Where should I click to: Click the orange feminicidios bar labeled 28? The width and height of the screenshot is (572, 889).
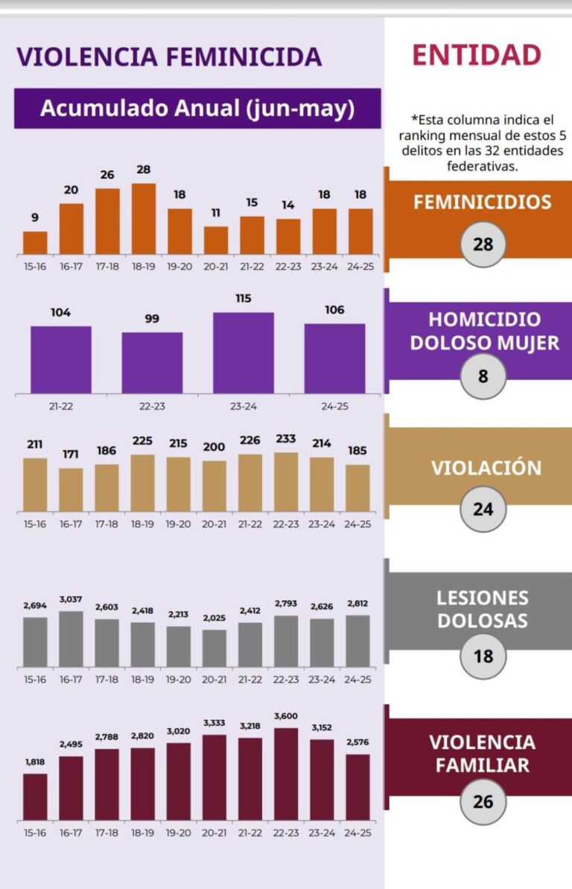tap(144, 219)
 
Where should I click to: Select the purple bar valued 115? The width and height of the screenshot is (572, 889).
tap(243, 352)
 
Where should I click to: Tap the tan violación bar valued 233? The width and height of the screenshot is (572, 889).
tap(286, 481)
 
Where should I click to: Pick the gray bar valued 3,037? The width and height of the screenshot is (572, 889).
tap(71, 639)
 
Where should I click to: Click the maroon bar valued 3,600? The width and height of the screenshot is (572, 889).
tap(286, 773)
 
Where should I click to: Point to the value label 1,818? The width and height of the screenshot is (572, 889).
tap(35, 762)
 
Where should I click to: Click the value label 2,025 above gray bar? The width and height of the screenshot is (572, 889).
tap(214, 617)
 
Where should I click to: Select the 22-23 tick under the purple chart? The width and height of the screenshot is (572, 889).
tap(152, 407)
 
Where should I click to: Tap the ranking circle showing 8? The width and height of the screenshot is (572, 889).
tap(483, 376)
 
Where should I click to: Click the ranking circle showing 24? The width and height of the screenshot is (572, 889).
tap(483, 510)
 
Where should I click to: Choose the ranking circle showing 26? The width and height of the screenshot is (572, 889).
tap(483, 802)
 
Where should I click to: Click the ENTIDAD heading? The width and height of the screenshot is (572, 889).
tap(477, 56)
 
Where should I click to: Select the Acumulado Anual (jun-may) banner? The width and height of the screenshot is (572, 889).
tap(197, 109)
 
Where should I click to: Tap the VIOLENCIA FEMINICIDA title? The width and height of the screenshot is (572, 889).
tap(169, 57)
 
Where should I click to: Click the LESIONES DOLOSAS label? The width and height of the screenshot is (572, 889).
tap(482, 609)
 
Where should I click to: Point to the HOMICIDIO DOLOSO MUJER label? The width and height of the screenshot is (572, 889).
tap(484, 331)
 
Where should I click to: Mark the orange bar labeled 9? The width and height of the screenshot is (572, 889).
tap(35, 243)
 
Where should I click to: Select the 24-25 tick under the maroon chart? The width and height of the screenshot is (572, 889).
tap(358, 832)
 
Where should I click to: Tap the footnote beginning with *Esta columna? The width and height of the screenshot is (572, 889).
tap(483, 142)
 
